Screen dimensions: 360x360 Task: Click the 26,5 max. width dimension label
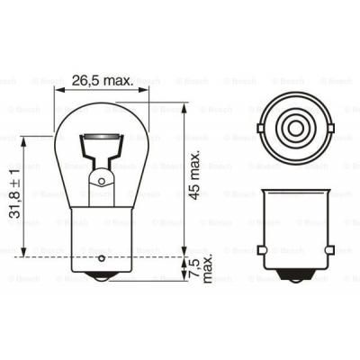click(x=104, y=80)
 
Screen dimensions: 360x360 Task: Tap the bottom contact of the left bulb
click(x=101, y=279)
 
